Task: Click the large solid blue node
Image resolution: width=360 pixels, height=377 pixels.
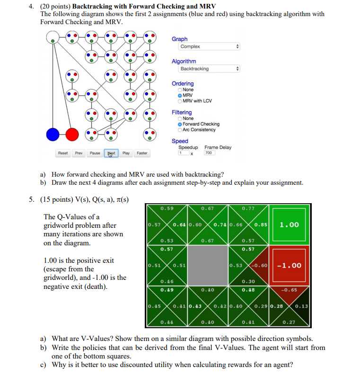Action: [53, 135]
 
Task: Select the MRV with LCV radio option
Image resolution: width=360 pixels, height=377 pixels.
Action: [180, 101]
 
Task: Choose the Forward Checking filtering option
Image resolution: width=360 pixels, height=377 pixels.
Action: [180, 124]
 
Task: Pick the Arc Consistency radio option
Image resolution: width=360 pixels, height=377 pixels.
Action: [180, 130]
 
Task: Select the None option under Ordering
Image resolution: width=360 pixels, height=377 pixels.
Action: [180, 90]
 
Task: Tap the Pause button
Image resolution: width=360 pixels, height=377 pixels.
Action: [95, 153]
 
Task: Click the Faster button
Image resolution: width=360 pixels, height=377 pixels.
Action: [142, 153]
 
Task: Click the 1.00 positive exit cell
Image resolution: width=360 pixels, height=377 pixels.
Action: [290, 224]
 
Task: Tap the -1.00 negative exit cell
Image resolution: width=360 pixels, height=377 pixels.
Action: [290, 265]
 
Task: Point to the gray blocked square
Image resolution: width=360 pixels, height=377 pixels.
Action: [207, 265]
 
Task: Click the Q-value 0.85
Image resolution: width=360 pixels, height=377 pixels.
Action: [261, 224]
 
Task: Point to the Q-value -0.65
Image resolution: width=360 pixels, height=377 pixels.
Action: [289, 290]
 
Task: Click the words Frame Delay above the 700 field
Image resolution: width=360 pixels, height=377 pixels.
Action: [218, 147]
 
